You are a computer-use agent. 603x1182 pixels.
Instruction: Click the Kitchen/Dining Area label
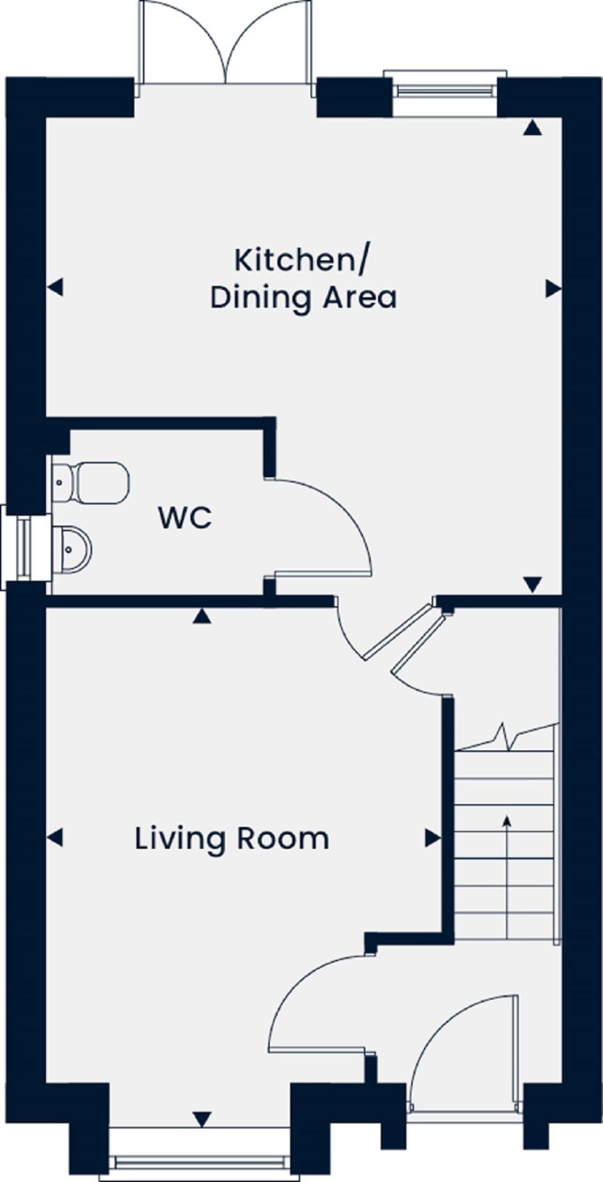pyautogui.click(x=303, y=279)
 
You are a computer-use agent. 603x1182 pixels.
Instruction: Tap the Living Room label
pyautogui.click(x=232, y=839)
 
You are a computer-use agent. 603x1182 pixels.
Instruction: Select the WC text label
pyautogui.click(x=185, y=518)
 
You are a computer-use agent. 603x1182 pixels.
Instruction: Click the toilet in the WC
pyautogui.click(x=90, y=482)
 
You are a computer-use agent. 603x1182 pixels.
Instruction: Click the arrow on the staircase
pyautogui.click(x=507, y=876)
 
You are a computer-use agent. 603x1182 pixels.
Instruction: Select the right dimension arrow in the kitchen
pyautogui.click(x=553, y=289)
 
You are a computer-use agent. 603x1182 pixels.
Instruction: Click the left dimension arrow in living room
pyautogui.click(x=55, y=838)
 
